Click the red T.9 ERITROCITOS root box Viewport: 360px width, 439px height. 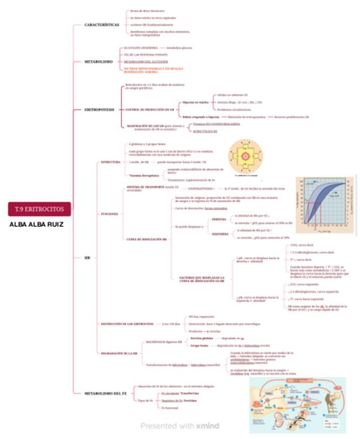(x=39, y=209)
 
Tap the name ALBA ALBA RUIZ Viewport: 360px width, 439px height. (x=36, y=225)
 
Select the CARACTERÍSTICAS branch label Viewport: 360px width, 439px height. (x=102, y=25)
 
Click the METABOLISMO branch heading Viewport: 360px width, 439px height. (x=98, y=62)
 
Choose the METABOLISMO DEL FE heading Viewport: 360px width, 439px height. (x=106, y=393)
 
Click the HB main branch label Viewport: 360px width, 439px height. (x=87, y=257)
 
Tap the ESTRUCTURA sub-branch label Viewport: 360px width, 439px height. (x=110, y=162)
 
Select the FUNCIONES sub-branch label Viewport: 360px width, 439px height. (x=109, y=213)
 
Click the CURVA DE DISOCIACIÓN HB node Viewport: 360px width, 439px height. (x=147, y=239)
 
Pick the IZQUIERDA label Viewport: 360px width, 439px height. (x=220, y=233)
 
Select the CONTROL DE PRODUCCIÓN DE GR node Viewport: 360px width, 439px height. (x=149, y=110)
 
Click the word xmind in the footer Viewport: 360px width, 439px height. (x=207, y=426)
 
